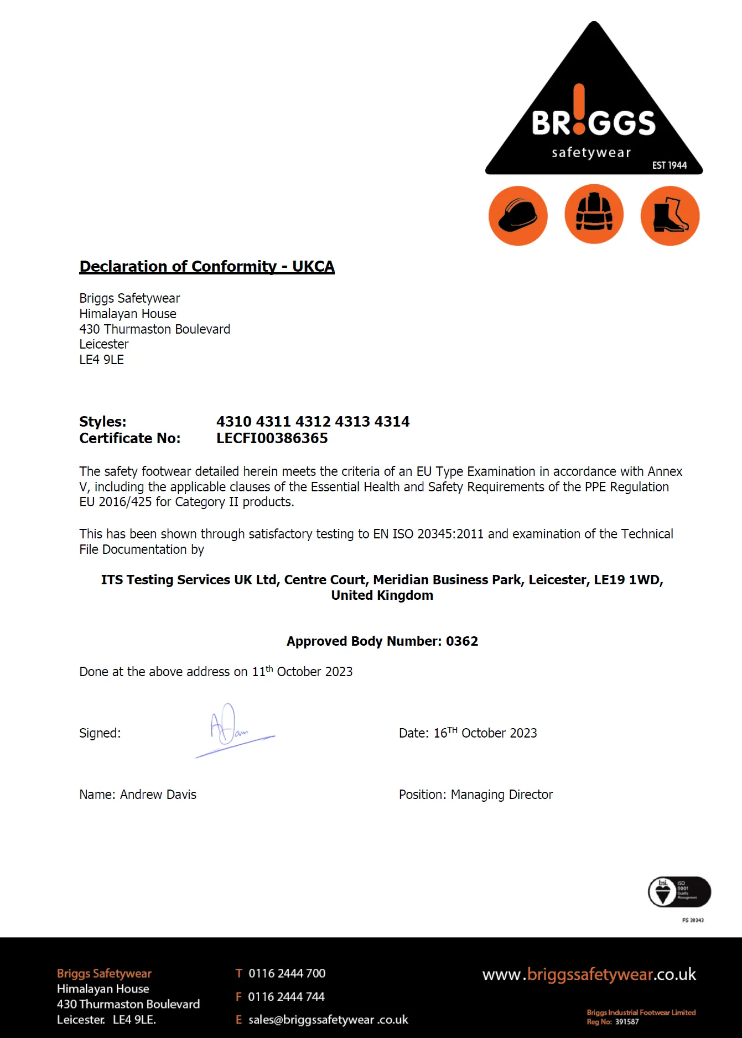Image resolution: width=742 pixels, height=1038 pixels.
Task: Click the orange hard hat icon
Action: pos(518,215)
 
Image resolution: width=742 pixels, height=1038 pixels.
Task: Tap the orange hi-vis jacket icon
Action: pos(594,215)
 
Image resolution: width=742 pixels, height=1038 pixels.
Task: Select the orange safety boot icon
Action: pos(670,215)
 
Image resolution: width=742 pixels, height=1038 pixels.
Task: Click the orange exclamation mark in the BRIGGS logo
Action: pos(579,110)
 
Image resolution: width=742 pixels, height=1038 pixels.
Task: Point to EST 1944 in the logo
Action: pos(669,165)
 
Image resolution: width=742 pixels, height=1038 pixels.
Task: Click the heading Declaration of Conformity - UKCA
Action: pos(207,267)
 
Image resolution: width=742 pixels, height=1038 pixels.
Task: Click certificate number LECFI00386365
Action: pos(272,438)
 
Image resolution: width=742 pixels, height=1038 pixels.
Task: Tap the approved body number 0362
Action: pos(462,641)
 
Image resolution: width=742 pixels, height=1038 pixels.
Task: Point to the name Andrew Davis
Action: pos(158,795)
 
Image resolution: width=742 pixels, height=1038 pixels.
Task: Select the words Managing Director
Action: pos(502,795)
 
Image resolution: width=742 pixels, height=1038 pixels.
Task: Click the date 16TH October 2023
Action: pos(485,733)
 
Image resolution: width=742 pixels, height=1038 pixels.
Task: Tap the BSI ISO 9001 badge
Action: pos(679,892)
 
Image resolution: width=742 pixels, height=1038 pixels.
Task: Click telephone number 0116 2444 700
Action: pos(287,973)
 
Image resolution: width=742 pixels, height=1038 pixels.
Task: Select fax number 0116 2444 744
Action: pos(286,997)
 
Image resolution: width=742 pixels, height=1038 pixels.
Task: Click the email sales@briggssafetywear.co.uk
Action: pos(328,1020)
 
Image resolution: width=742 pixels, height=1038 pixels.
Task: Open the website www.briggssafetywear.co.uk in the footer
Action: pos(589,974)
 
